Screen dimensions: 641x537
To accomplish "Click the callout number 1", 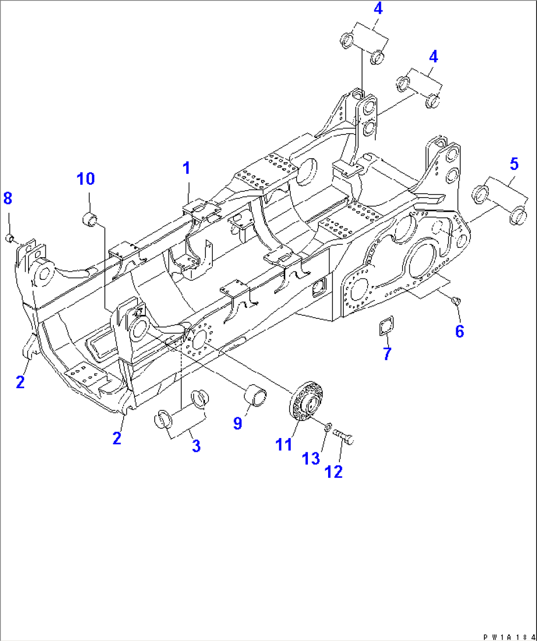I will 186,169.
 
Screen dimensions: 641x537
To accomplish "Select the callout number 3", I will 196,446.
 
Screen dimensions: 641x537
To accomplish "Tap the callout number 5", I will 514,164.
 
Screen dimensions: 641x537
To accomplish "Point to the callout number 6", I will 459,331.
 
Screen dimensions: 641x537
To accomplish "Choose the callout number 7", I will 387,353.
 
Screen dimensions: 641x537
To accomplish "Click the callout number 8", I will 7,198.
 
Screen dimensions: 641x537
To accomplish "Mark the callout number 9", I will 237,423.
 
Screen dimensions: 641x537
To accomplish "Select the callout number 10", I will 86,178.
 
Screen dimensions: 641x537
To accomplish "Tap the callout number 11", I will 283,444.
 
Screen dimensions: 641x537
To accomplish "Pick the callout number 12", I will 333,472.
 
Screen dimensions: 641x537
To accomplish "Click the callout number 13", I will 310,459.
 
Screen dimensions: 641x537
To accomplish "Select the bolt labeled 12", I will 344,437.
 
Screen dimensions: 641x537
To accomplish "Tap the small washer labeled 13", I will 328,426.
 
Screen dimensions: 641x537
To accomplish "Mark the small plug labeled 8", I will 9,239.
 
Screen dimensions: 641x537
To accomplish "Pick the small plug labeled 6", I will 456,299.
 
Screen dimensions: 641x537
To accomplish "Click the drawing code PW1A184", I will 509,637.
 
